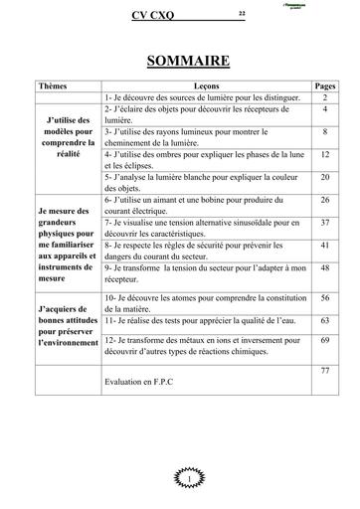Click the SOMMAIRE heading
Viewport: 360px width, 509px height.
point(188,62)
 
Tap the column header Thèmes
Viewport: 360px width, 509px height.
point(53,87)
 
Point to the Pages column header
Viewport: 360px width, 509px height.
point(324,87)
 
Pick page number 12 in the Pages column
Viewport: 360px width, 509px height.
point(324,155)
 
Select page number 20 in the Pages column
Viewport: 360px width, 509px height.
point(324,176)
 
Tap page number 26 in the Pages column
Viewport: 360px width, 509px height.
point(324,199)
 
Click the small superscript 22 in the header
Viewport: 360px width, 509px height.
point(242,12)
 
